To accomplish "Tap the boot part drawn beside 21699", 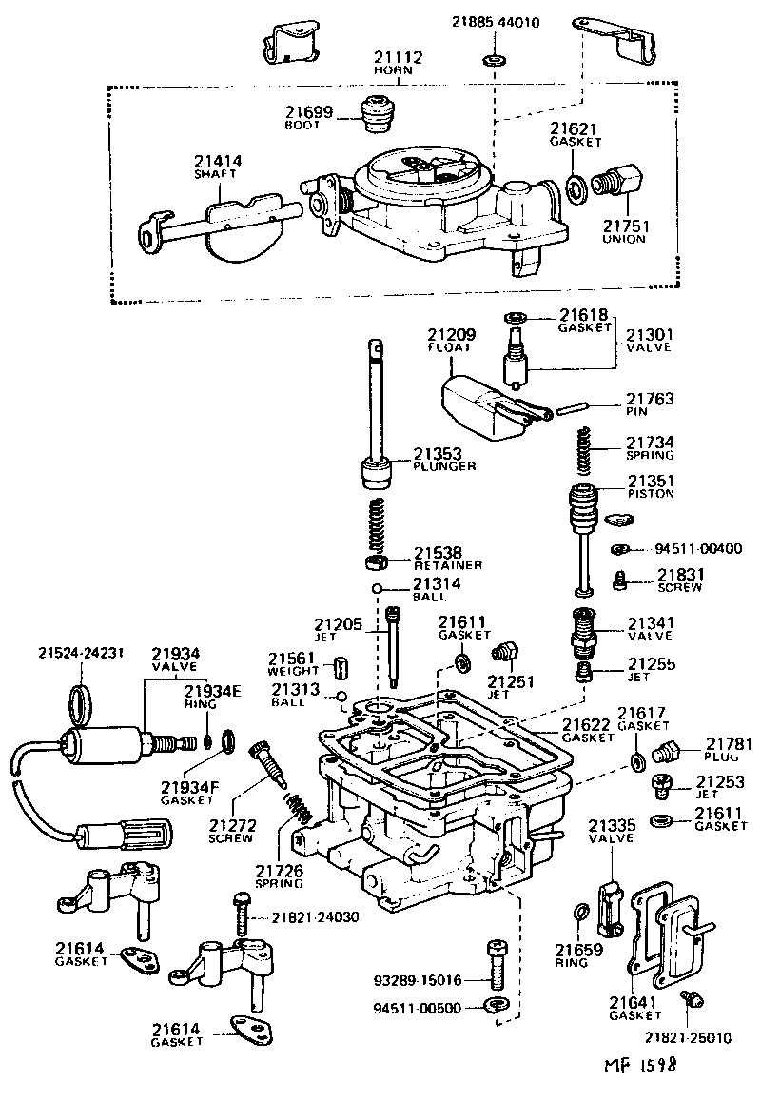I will coord(379,115).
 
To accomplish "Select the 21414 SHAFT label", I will coord(218,167).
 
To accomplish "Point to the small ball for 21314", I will coord(378,588).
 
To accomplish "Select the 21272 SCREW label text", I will coord(231,831).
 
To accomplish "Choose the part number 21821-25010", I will coord(687,1036).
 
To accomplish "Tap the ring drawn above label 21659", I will coord(579,915).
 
